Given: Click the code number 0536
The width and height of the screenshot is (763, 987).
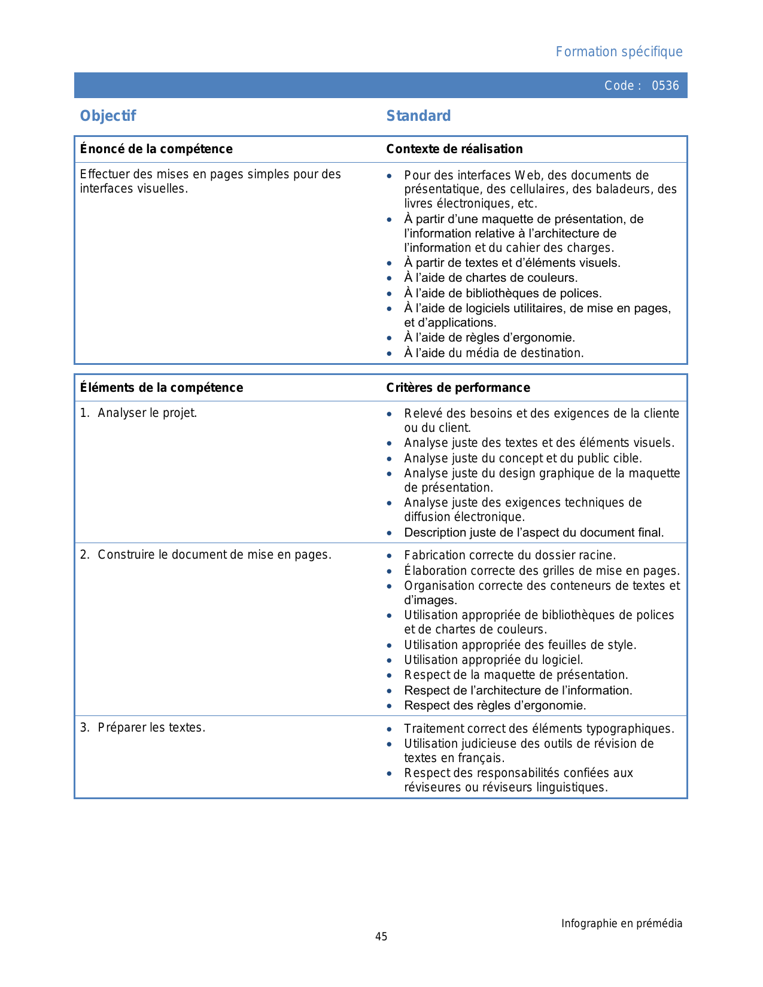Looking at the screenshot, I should click(x=665, y=86).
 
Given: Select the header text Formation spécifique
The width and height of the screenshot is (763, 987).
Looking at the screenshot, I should click(x=619, y=52).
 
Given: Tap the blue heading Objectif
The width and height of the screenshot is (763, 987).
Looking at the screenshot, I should click(x=108, y=116).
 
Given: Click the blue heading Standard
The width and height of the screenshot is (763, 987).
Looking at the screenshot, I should click(x=418, y=116).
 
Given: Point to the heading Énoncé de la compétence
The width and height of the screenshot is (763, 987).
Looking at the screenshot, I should click(x=156, y=149).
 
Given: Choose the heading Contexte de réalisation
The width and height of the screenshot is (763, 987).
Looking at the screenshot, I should click(x=454, y=149).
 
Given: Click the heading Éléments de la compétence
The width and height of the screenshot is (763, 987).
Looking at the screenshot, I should click(x=162, y=388).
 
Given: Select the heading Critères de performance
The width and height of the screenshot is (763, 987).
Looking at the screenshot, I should click(x=458, y=388).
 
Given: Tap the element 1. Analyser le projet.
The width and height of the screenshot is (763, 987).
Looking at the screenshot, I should click(x=139, y=413).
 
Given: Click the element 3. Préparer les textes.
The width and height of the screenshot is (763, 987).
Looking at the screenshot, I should click(x=143, y=727).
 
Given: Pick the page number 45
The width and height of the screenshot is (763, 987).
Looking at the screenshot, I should click(x=381, y=937).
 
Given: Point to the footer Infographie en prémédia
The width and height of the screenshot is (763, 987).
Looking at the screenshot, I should click(x=621, y=924).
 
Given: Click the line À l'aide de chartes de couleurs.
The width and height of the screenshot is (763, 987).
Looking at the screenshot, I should click(x=491, y=278).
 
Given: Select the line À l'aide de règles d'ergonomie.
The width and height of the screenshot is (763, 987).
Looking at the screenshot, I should click(x=490, y=338).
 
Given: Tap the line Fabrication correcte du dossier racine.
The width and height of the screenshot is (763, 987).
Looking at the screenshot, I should click(x=510, y=556).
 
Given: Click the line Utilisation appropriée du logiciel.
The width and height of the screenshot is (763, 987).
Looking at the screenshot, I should click(x=493, y=660).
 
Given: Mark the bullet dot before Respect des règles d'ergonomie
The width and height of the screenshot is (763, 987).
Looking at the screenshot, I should click(x=390, y=706).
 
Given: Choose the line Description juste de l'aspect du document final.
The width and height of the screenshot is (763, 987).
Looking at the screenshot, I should click(x=534, y=532).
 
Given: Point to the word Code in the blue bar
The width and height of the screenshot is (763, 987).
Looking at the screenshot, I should click(x=619, y=86).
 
